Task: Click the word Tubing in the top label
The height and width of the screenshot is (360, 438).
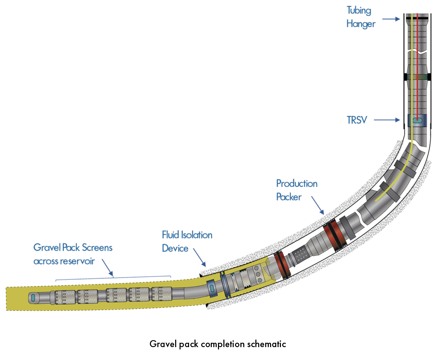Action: point(359,11)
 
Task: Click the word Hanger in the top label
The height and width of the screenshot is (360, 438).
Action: point(361,24)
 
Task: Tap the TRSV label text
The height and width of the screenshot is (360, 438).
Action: point(357,120)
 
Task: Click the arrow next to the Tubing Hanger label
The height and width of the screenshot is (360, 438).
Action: point(391,19)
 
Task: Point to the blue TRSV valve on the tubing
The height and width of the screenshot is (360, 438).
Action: point(417,120)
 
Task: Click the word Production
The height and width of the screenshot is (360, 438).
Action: point(297,183)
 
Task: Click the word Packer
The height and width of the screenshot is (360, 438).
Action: point(289,197)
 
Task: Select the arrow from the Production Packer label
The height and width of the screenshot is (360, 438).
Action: point(318,205)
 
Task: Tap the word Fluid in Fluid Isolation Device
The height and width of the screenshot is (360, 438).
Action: point(170,235)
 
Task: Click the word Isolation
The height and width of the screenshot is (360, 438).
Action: point(197,235)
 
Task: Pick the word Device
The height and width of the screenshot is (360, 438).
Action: point(175,248)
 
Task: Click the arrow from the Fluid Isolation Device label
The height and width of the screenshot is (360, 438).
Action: point(200,258)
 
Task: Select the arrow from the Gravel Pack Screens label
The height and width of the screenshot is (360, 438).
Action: point(108,268)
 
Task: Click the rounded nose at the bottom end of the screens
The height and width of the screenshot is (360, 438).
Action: point(34,298)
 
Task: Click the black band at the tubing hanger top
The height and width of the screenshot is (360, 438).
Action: point(417,18)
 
